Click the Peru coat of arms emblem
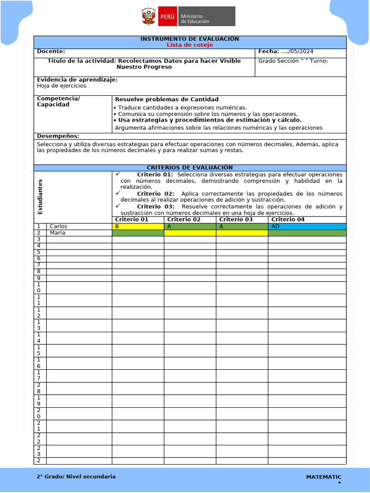click(x=148, y=16)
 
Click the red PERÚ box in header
click(x=167, y=16)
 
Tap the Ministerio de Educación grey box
click(x=207, y=16)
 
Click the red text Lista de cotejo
click(x=189, y=45)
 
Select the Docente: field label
click(x=51, y=52)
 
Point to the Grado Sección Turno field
click(x=293, y=61)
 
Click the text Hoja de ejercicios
click(x=62, y=86)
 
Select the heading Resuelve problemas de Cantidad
click(x=167, y=99)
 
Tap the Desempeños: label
click(x=58, y=136)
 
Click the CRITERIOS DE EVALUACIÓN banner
click(x=189, y=168)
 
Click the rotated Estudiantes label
click(x=40, y=196)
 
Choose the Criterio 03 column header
click(x=236, y=220)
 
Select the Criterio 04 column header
click(x=288, y=220)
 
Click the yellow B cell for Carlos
click(x=138, y=226)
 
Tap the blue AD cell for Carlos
click(x=307, y=226)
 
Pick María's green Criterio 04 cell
click(x=307, y=233)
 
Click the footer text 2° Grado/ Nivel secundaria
click(x=76, y=477)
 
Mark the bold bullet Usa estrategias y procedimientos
click(x=210, y=120)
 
